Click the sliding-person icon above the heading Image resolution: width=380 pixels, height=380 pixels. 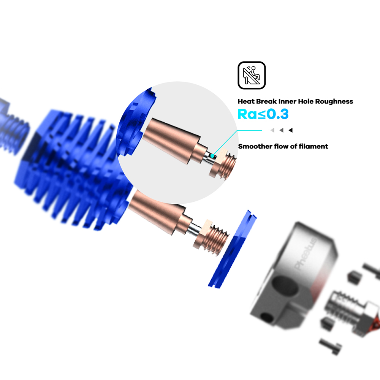click(252, 75)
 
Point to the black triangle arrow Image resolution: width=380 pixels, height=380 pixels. click(290, 130)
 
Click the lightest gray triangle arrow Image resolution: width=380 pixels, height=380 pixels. click(272, 130)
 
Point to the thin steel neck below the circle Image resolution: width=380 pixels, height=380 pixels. click(193, 229)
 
